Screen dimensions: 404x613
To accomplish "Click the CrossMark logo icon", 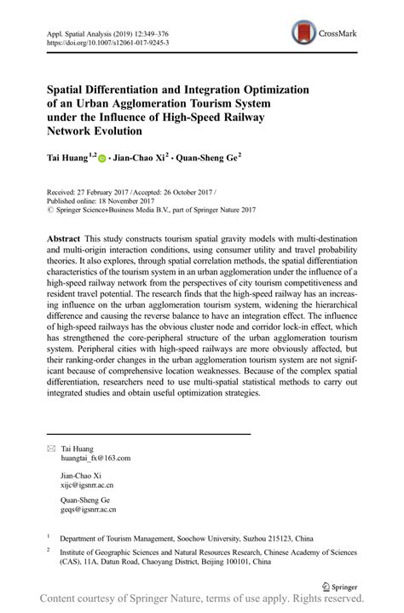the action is tap(304, 34).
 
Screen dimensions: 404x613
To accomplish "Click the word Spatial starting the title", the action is tap(66, 88).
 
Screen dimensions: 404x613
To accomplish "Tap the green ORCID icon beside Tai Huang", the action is tap(103, 159).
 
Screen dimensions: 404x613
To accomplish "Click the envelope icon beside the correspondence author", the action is tap(50, 448).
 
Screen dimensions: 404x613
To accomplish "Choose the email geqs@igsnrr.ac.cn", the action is tap(89, 509).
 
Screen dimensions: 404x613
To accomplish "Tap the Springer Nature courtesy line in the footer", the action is tap(202, 599).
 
